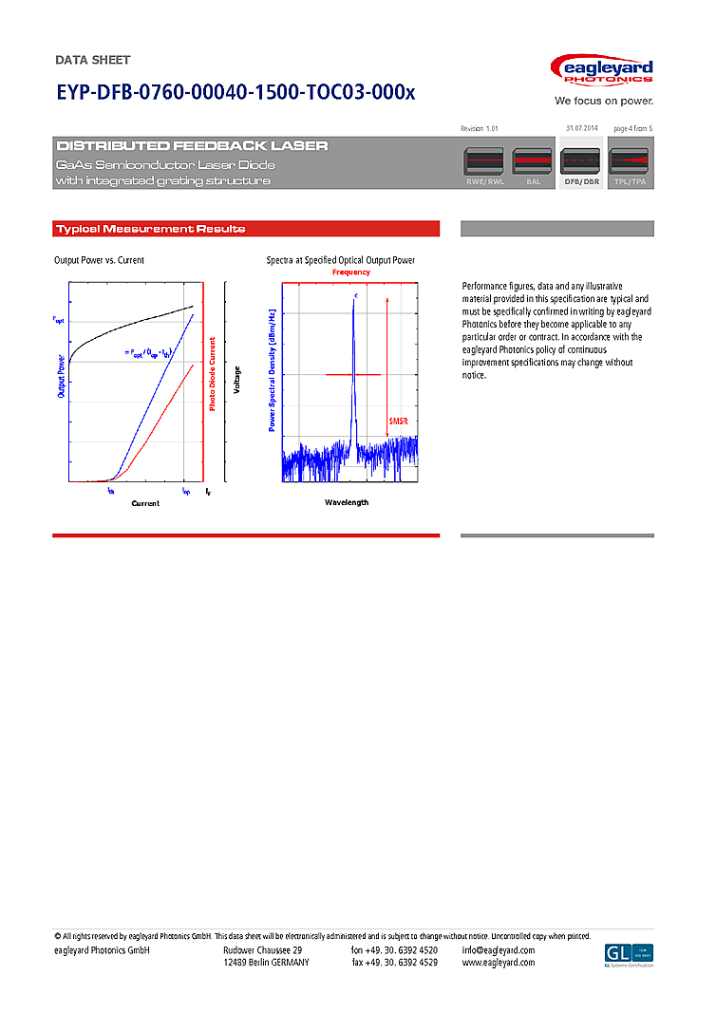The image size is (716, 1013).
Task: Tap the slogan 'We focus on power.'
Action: pyautogui.click(x=604, y=101)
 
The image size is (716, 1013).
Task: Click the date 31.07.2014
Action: pyautogui.click(x=581, y=127)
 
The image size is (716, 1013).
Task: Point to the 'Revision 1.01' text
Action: pyautogui.click(x=479, y=127)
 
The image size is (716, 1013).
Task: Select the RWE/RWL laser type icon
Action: pyautogui.click(x=483, y=166)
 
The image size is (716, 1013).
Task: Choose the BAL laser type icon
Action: pyautogui.click(x=533, y=166)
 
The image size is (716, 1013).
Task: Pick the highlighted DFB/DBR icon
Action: pyautogui.click(x=581, y=166)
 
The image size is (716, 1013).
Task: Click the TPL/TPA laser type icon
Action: pyautogui.click(x=630, y=166)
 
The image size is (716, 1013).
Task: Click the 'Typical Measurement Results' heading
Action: pyautogui.click(x=151, y=229)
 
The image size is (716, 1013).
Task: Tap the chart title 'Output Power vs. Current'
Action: pyautogui.click(x=100, y=260)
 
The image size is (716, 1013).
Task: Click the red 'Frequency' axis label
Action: pyautogui.click(x=351, y=272)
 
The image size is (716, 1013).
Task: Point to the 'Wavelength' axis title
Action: pyautogui.click(x=347, y=502)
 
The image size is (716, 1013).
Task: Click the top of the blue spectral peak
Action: pyautogui.click(x=355, y=299)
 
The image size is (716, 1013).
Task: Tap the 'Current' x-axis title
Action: pyautogui.click(x=145, y=503)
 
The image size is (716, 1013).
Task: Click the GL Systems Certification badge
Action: pyautogui.click(x=629, y=955)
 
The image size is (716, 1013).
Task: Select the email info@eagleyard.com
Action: pyautogui.click(x=499, y=950)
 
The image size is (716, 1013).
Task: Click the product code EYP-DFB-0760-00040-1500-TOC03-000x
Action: pyautogui.click(x=236, y=93)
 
